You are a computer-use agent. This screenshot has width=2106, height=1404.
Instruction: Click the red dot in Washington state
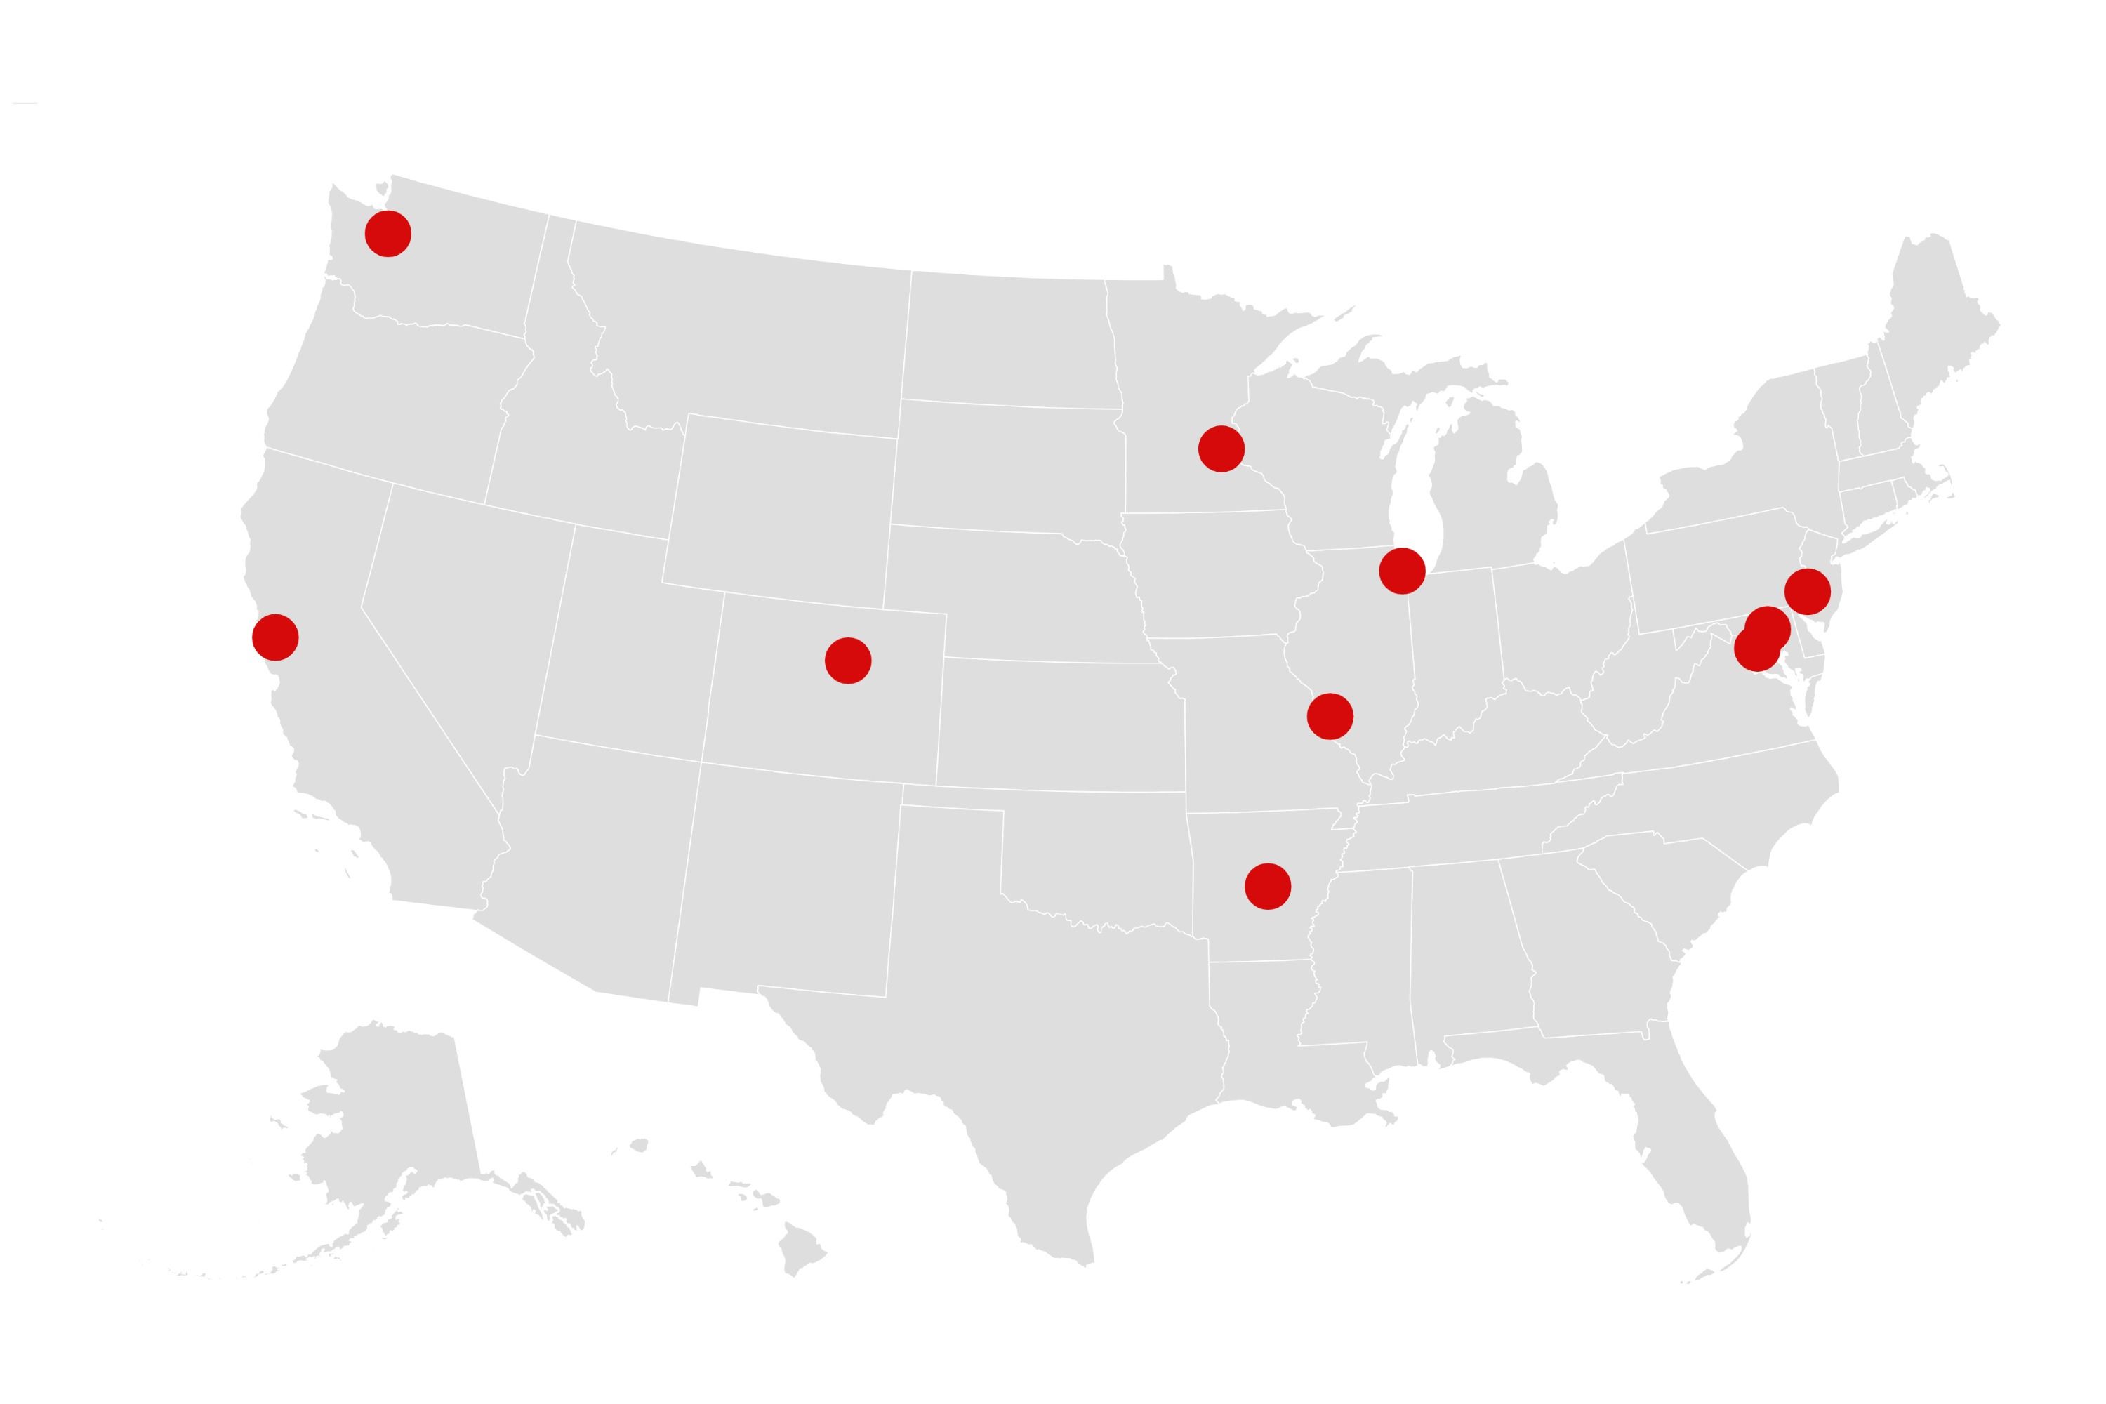388,234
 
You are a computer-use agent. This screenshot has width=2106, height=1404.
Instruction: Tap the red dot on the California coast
275,637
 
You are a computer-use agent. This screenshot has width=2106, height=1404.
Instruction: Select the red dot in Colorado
847,661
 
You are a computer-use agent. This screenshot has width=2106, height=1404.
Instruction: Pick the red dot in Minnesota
1221,449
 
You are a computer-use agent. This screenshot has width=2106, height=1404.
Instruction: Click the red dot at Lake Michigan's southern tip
1401,570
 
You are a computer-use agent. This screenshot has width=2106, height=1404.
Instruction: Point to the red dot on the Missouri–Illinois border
1330,715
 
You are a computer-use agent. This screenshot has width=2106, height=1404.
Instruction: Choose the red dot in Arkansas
1267,887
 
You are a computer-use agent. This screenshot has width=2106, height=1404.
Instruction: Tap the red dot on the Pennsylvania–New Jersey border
1807,591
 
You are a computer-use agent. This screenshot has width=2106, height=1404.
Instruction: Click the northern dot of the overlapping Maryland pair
1768,628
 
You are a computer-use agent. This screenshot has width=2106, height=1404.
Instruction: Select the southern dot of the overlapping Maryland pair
1756,648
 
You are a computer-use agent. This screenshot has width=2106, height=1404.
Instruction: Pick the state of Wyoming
779,510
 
